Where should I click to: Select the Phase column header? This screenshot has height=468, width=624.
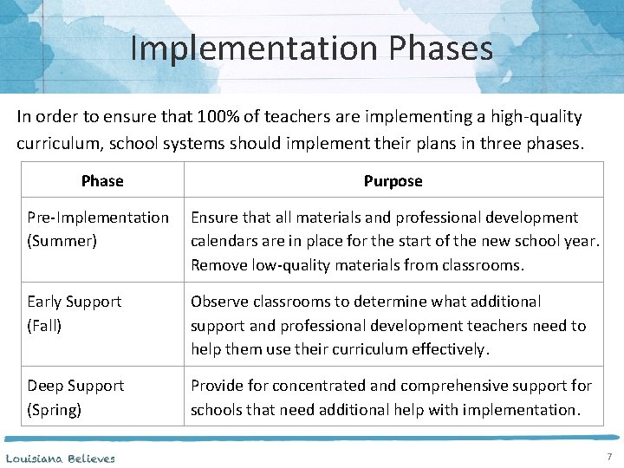(x=102, y=181)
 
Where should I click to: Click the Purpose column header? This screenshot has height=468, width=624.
(x=393, y=181)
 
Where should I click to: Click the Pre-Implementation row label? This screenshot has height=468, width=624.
(x=98, y=218)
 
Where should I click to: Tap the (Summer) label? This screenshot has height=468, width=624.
(x=62, y=241)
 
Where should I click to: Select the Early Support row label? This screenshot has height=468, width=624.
(x=75, y=302)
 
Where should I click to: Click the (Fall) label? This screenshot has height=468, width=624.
(x=45, y=326)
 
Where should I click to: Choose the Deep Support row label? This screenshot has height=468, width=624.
(x=75, y=386)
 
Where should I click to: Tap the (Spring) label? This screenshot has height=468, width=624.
(x=55, y=409)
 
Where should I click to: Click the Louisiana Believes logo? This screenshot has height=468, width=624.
(x=60, y=458)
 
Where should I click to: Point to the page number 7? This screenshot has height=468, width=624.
(x=608, y=457)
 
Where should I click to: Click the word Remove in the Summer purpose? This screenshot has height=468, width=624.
(x=218, y=265)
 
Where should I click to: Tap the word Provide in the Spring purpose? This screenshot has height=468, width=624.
(x=218, y=386)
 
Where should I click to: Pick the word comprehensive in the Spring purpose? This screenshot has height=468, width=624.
(x=451, y=386)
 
